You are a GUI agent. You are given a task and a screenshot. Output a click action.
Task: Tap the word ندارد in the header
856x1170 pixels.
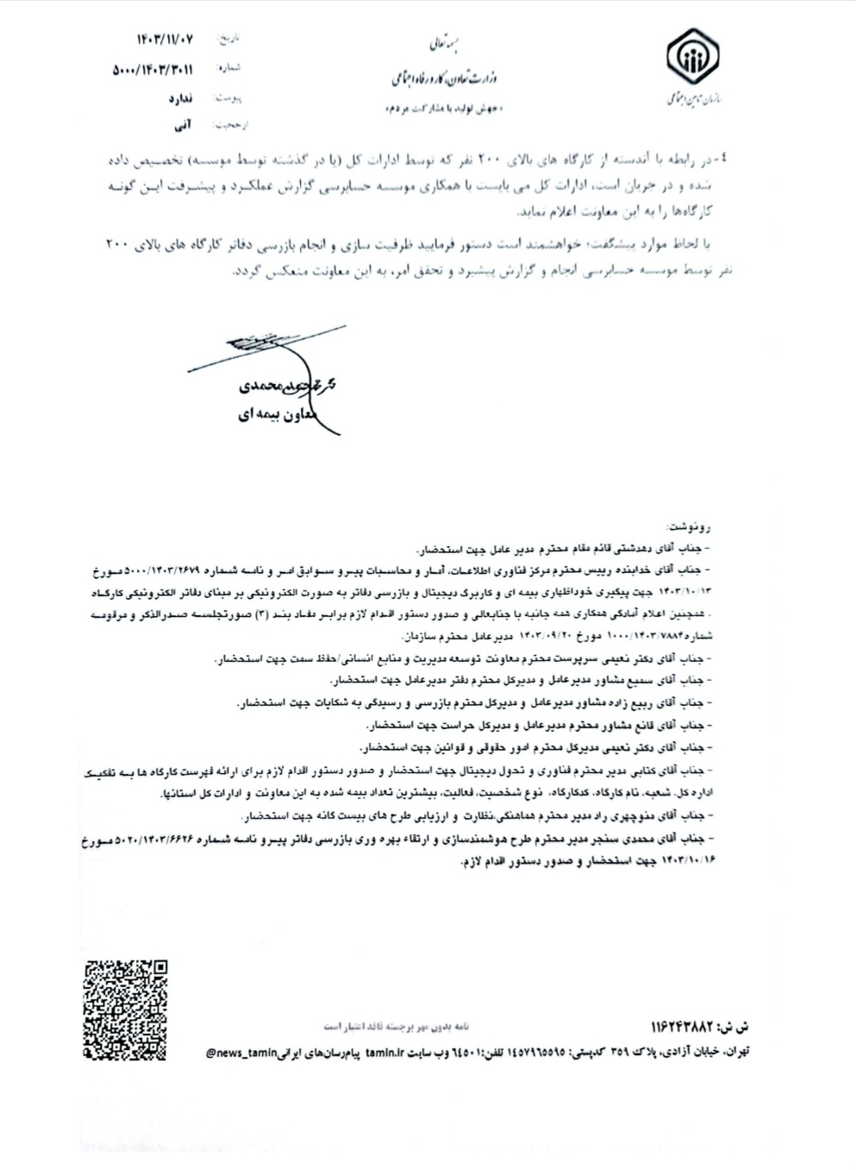(178, 98)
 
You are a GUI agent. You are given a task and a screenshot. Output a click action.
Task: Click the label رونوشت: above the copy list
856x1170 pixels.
(694, 525)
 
